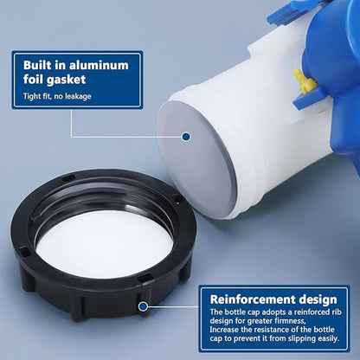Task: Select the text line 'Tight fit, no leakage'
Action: coord(61,95)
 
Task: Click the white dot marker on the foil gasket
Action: coord(185,136)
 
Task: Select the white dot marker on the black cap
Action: coord(141,304)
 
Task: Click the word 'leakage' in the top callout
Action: coord(87,95)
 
